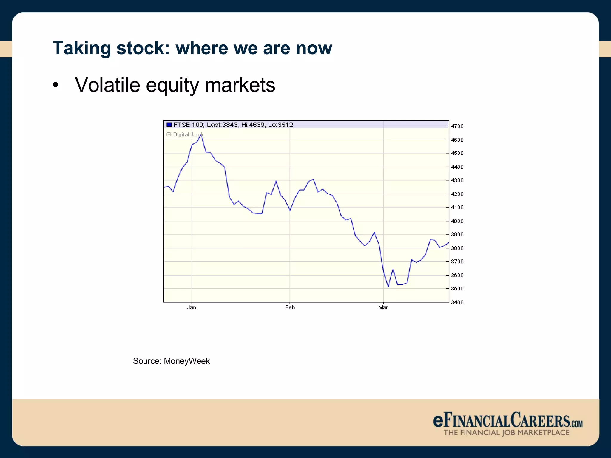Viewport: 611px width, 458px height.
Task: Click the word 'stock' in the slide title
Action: coord(143,48)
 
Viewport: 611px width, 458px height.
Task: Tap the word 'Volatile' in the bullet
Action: coord(107,85)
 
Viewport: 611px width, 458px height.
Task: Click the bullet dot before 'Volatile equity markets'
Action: coord(55,86)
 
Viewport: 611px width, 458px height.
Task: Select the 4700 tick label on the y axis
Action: coord(457,126)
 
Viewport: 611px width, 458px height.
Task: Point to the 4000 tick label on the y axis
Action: coord(457,221)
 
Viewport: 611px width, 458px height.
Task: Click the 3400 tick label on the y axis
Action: coord(457,302)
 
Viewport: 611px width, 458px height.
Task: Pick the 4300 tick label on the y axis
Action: coord(457,180)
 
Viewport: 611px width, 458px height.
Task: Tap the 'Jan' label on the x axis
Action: coord(192,307)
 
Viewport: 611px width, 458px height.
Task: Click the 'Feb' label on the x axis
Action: coord(290,307)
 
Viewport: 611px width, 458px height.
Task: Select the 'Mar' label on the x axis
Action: coord(383,307)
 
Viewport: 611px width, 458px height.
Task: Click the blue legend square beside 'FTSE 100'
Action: coord(169,125)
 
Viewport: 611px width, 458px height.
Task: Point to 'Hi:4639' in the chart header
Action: coord(252,125)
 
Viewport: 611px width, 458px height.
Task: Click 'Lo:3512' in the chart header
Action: coord(280,125)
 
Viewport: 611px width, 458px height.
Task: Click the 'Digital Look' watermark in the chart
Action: coord(185,134)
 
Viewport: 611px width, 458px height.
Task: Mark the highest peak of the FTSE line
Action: coord(201,135)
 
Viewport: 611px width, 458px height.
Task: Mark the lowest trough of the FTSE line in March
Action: coord(388,287)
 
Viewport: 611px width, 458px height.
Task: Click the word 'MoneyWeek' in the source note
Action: coord(187,361)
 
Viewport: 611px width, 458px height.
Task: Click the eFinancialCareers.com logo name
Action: coord(507,420)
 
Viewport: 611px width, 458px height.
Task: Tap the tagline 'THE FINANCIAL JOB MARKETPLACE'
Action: coord(506,433)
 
